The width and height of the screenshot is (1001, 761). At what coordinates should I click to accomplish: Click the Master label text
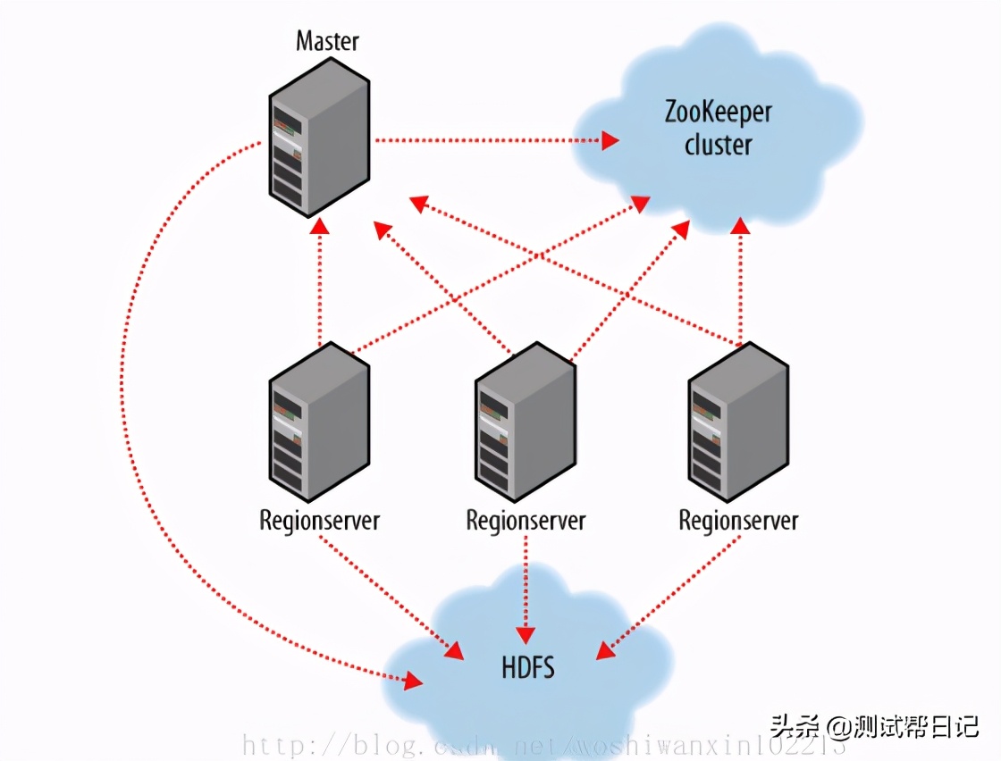(327, 41)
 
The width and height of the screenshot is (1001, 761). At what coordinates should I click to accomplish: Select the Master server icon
(319, 138)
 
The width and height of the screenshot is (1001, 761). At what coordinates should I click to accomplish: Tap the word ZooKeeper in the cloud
(718, 112)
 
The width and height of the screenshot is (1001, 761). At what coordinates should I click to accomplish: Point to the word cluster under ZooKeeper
(718, 145)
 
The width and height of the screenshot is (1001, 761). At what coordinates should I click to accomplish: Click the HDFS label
(526, 666)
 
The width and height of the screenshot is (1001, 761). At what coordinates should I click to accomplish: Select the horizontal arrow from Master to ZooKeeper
(492, 140)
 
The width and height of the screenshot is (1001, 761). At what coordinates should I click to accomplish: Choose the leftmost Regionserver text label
(319, 521)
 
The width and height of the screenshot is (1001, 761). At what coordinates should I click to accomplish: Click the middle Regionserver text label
(526, 521)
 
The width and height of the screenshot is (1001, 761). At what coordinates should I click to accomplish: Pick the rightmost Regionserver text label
(738, 521)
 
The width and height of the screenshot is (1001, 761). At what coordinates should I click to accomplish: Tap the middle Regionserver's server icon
(525, 425)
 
